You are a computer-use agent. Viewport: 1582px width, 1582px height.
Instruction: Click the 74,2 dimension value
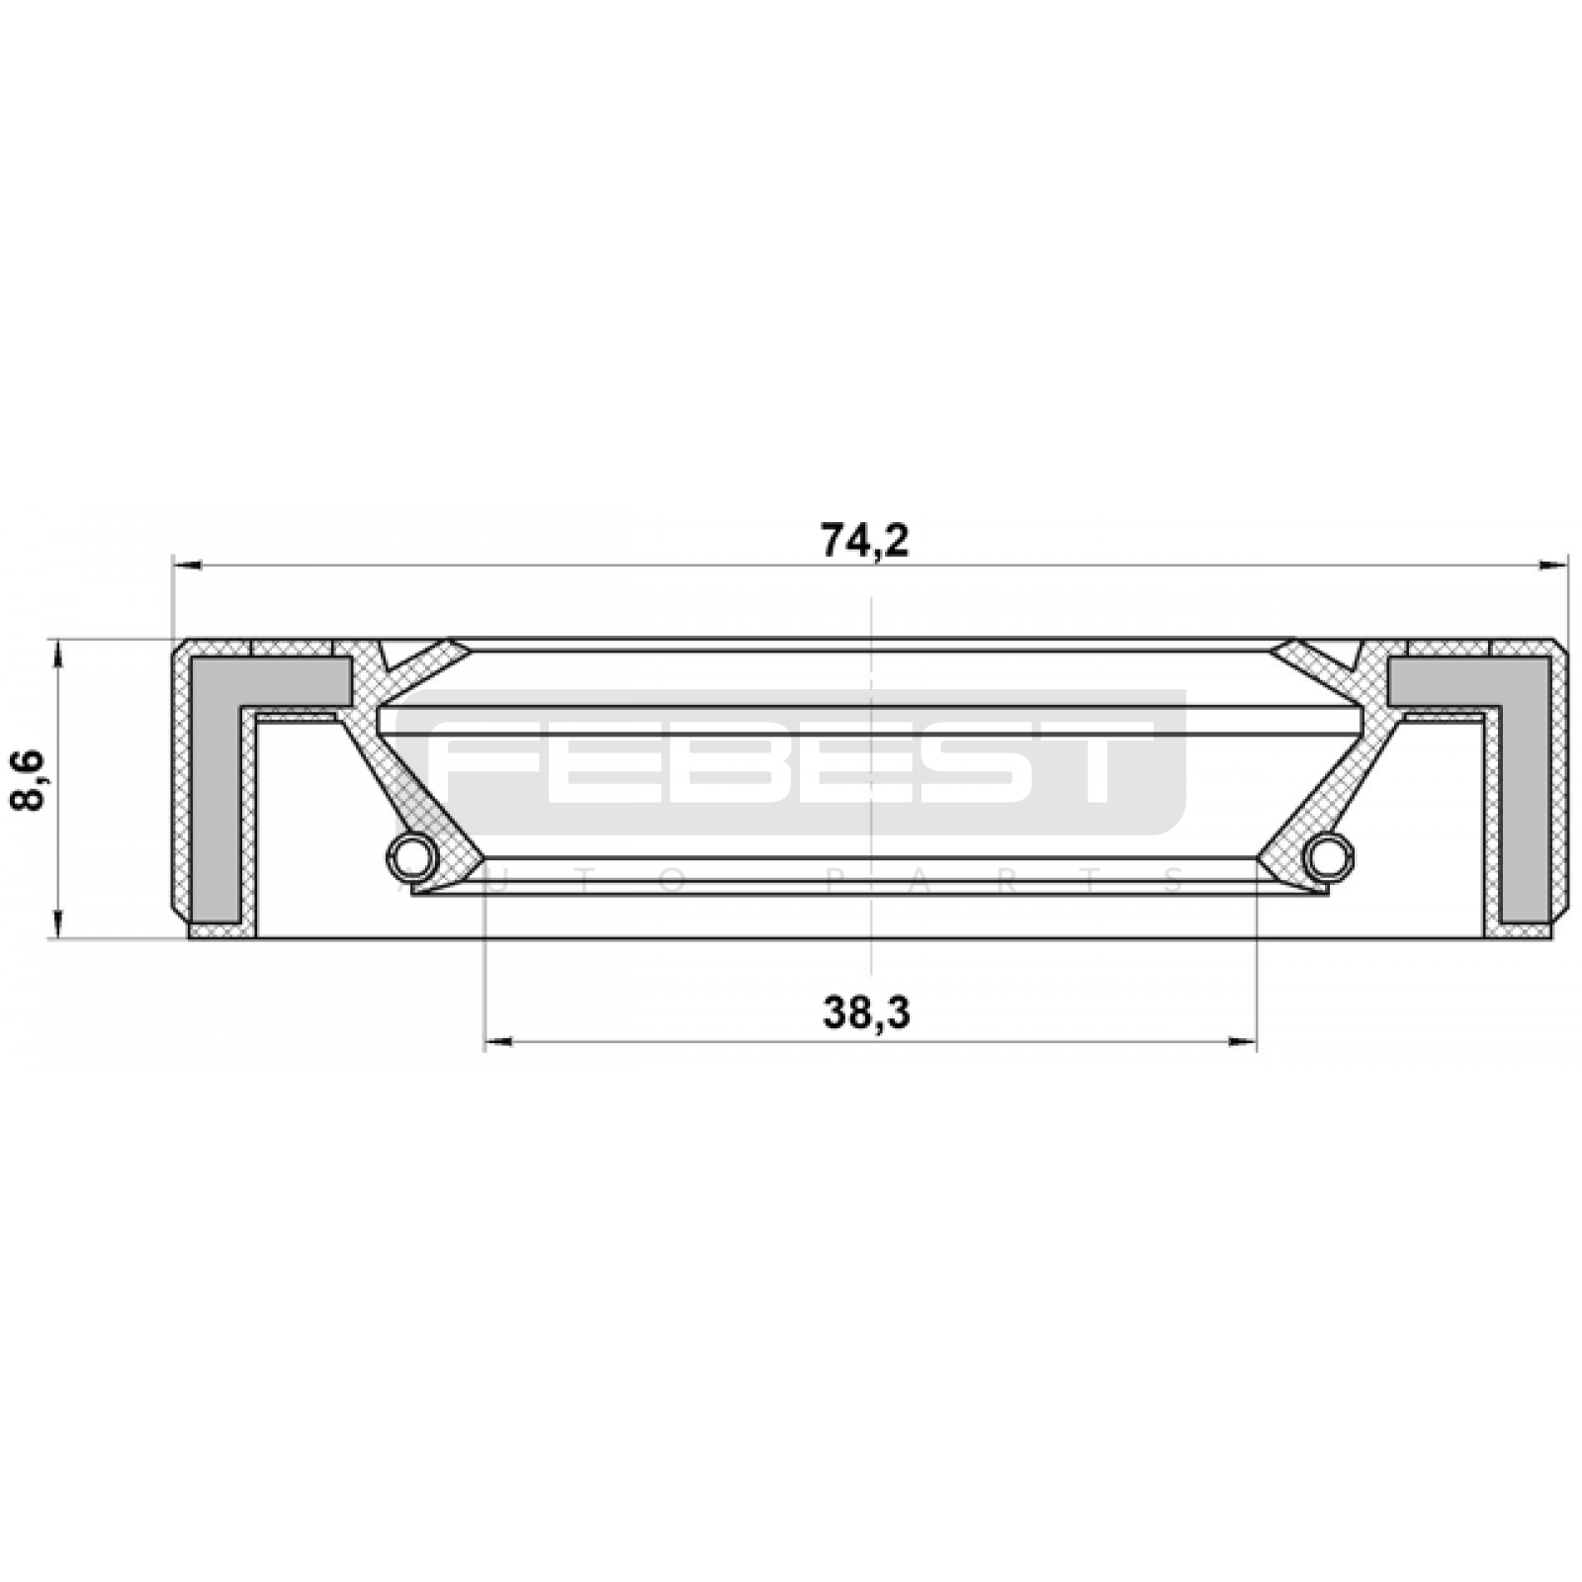click(864, 540)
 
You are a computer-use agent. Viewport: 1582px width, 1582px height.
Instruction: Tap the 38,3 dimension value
click(866, 1012)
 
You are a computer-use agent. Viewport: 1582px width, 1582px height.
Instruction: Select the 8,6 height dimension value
click(29, 780)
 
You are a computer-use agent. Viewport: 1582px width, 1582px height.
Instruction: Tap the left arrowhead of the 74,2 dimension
click(187, 566)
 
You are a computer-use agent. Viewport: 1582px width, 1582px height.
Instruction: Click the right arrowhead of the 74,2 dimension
click(1553, 566)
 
